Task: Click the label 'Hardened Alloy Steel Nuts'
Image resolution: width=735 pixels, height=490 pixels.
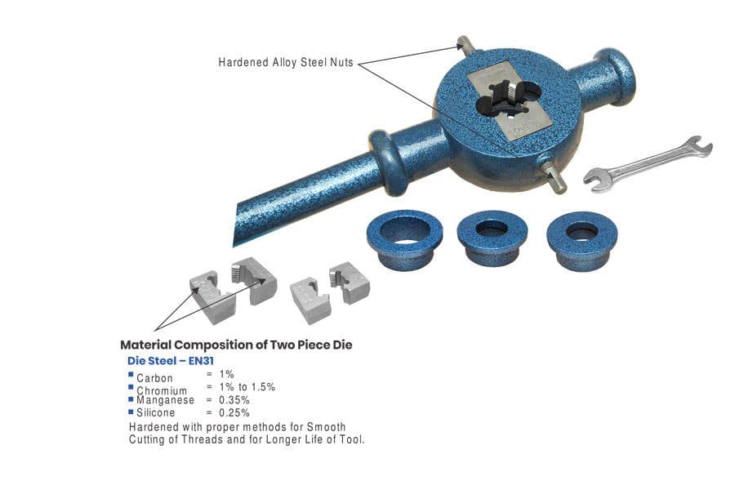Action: pos(286,62)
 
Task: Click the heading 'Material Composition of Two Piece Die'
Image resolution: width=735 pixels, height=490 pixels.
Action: pos(236,345)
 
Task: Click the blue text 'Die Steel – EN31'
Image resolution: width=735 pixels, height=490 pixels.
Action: pos(171,360)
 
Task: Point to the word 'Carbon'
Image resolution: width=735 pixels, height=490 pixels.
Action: pos(154,378)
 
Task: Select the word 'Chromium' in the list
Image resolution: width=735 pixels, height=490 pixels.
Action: pos(162,391)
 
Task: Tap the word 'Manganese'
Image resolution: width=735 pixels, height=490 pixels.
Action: pos(166,400)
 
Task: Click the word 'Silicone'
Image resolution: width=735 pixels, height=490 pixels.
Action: pos(157,412)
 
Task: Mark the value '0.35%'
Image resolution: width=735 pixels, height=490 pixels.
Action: pos(234,400)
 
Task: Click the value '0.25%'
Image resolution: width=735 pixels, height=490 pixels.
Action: pos(234,412)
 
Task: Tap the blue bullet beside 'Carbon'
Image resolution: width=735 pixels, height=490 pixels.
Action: pos(131,375)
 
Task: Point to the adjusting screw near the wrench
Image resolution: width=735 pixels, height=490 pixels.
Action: pos(554,177)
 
